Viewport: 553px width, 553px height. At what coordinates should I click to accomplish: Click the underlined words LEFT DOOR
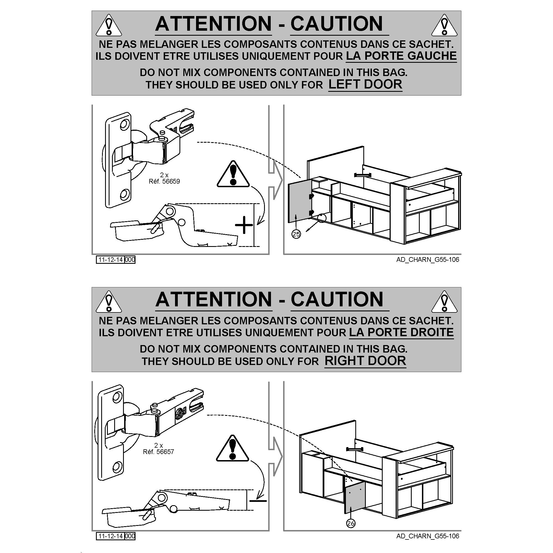click(365, 84)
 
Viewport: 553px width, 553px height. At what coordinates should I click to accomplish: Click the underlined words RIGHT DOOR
click(365, 361)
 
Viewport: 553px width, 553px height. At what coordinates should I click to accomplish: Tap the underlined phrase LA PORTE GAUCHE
click(401, 56)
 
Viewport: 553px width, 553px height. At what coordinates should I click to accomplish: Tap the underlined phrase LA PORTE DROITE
click(401, 332)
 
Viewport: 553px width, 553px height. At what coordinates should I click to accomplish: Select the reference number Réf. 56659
click(164, 181)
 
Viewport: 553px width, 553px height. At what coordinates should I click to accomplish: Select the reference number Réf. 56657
click(158, 452)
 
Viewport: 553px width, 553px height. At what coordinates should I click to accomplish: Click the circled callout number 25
click(296, 234)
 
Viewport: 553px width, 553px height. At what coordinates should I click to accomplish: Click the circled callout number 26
click(351, 523)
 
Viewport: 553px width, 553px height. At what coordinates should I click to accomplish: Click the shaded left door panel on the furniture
click(299, 202)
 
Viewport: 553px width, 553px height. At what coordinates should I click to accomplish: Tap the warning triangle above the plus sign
click(233, 174)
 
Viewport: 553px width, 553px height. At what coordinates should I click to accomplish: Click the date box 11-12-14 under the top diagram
click(110, 260)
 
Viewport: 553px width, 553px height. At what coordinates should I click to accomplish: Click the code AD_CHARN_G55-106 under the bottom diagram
click(428, 536)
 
